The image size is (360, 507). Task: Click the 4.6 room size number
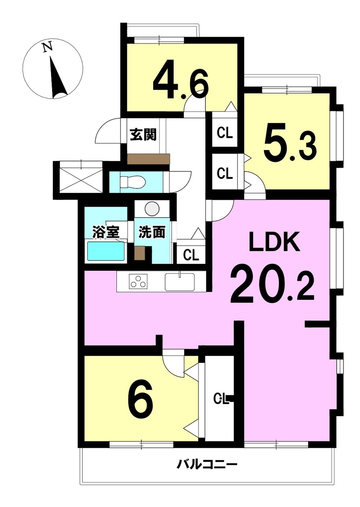click(180, 80)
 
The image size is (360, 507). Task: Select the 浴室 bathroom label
click(106, 232)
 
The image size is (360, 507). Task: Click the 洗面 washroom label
click(151, 232)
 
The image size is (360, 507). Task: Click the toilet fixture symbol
click(131, 182)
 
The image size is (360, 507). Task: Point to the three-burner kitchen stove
click(138, 281)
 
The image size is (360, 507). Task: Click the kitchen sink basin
click(180, 282)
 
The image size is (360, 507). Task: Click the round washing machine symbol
click(151, 207)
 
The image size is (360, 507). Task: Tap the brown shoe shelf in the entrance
click(148, 159)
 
